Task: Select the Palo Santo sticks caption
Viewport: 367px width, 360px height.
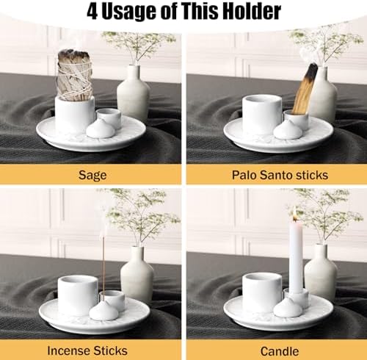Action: click(276, 175)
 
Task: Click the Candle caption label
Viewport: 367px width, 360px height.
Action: click(276, 350)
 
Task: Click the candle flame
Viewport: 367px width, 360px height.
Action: click(295, 213)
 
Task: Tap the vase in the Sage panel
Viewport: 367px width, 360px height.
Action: click(134, 93)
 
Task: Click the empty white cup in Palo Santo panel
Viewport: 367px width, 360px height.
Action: click(262, 114)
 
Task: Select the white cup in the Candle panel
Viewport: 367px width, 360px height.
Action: click(262, 292)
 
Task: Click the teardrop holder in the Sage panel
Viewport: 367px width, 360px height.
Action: click(100, 128)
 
